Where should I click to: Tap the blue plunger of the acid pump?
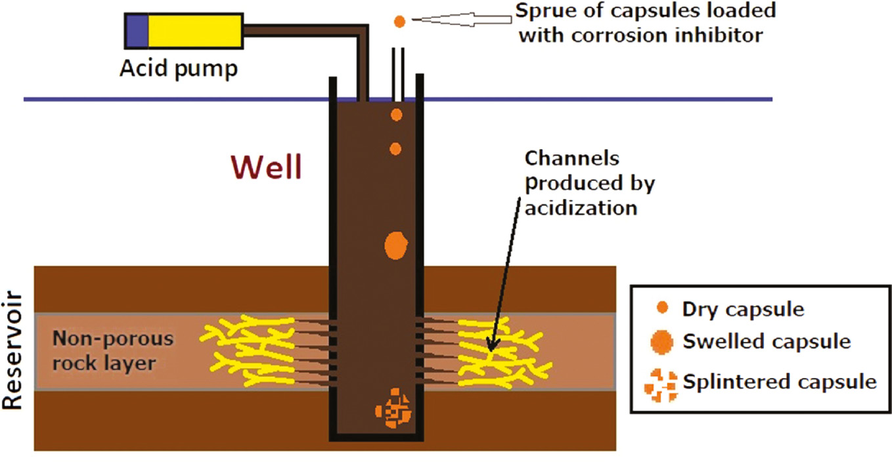click(x=137, y=31)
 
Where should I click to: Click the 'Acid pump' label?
click(x=178, y=68)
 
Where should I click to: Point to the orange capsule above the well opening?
click(x=399, y=21)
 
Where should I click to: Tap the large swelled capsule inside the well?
click(x=396, y=246)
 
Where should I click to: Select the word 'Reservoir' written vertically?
click(x=12, y=352)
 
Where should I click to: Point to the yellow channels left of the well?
click(x=250, y=350)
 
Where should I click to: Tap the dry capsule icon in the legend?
click(x=663, y=307)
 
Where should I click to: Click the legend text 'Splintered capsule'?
click(x=779, y=381)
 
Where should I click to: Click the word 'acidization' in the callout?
click(x=581, y=208)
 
